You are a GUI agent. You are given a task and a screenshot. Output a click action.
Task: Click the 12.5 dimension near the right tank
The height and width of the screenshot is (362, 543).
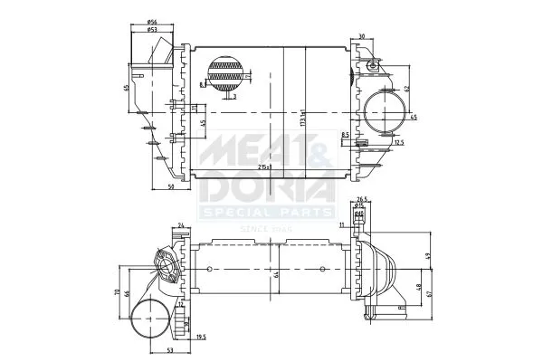tap(399, 142)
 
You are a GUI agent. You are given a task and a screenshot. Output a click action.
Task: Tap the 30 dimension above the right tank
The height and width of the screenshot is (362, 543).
tap(361, 36)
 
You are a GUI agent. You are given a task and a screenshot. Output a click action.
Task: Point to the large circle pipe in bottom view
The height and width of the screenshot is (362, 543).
tap(149, 321)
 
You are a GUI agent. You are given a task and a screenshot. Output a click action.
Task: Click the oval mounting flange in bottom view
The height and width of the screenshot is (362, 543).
tap(166, 268)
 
